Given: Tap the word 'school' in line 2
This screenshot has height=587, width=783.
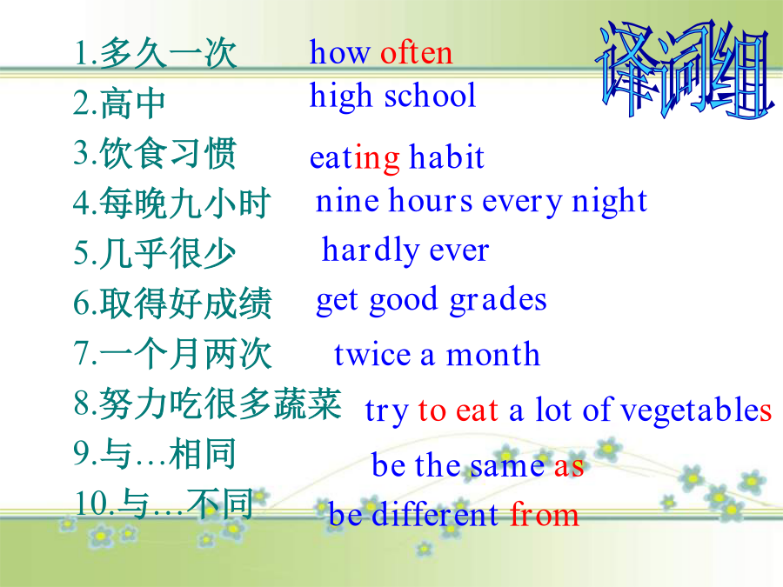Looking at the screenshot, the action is click(430, 95).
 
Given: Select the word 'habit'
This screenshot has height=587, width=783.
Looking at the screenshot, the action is click(446, 157).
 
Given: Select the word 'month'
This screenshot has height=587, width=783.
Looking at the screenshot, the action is click(493, 354).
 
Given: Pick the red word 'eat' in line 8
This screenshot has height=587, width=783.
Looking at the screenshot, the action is click(477, 411).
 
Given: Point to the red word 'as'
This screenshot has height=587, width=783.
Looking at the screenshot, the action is click(569, 467).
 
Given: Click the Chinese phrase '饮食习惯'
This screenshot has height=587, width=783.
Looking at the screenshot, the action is click(168, 153).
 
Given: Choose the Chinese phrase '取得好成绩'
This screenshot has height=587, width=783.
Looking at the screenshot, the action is click(186, 303).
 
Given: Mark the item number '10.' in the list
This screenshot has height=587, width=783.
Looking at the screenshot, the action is click(95, 504).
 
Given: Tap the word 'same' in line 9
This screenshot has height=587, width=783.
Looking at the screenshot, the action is click(506, 466).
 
